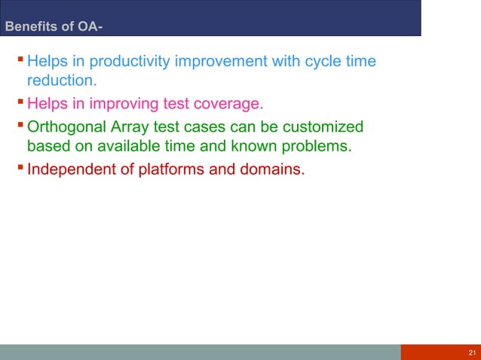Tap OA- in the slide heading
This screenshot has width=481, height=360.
90,29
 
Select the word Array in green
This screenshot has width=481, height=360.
130,126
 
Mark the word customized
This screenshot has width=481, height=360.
321,126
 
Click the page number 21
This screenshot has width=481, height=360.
471,352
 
